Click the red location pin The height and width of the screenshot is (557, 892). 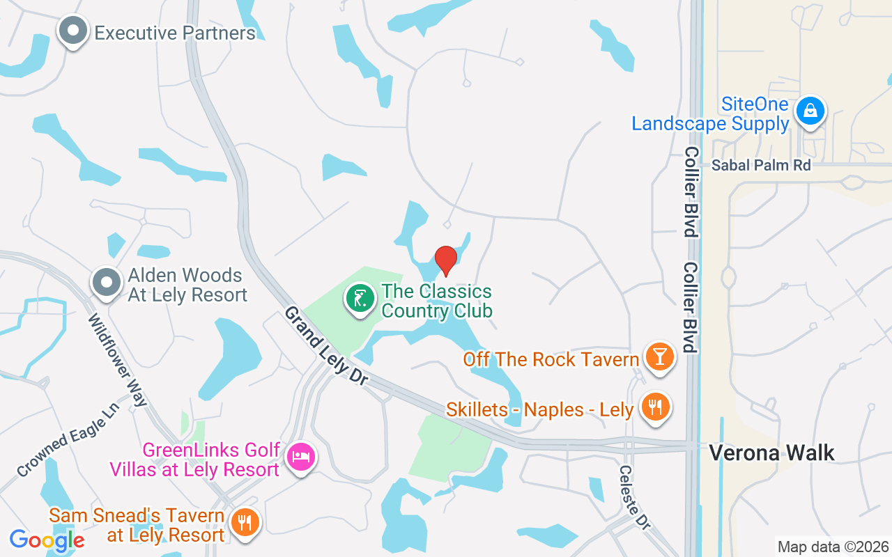coord(445,260)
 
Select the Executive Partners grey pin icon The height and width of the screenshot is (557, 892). coord(72,31)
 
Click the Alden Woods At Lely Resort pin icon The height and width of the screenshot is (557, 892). coord(107,283)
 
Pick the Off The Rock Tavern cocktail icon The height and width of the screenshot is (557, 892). coord(659,356)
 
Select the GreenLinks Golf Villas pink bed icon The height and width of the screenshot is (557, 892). coord(301,457)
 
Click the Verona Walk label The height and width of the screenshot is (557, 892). coord(771,453)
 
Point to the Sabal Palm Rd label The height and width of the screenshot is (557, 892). coord(761,165)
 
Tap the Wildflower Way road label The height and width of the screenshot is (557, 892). coord(118,360)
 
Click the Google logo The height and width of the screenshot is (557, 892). coord(47,540)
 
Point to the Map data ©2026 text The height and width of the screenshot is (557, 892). coord(833,547)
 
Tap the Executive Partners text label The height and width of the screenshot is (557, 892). coord(175,33)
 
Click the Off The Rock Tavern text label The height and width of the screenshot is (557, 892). coord(551,359)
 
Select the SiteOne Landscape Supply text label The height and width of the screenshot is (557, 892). coord(710,115)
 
